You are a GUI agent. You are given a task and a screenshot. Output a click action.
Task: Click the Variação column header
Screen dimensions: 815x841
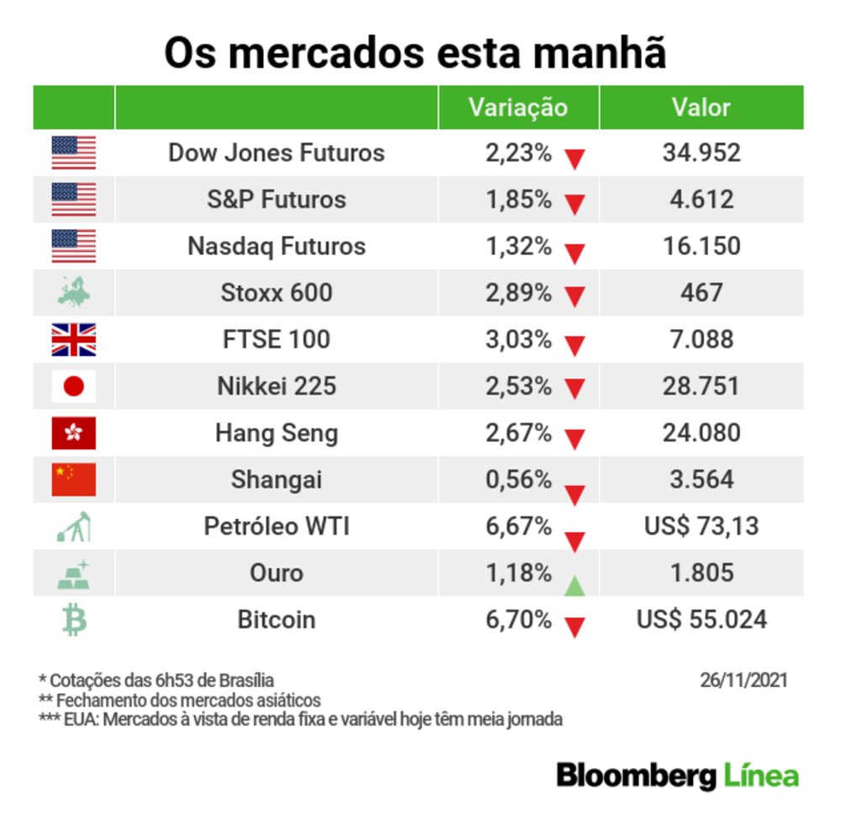tap(517, 108)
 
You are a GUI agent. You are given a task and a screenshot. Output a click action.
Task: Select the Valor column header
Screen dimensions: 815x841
tap(701, 108)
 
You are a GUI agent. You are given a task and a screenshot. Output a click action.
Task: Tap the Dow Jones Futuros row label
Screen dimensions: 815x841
tap(276, 152)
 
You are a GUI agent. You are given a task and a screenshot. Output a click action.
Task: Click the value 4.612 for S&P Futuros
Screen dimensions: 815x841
tap(701, 200)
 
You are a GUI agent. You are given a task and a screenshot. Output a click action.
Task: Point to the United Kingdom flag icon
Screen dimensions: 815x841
tap(74, 339)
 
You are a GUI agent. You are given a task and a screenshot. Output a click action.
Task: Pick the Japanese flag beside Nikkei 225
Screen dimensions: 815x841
tap(74, 386)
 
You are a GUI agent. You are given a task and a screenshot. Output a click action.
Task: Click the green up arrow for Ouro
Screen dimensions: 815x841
tap(574, 585)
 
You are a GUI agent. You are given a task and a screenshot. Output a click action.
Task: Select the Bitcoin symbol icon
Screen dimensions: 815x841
tap(74, 621)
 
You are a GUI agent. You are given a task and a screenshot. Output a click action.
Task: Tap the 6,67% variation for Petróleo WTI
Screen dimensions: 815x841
tap(518, 526)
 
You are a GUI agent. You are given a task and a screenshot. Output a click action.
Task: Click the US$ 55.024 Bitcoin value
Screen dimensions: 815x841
tap(701, 621)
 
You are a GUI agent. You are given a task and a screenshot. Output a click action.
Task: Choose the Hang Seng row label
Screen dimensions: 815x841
tap(276, 433)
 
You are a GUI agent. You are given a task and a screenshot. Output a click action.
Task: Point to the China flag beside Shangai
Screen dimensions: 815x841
tap(74, 480)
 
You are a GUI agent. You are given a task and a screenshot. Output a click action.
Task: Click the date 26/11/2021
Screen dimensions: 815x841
tap(743, 679)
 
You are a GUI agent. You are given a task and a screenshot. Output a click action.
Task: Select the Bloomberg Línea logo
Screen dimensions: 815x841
tap(677, 775)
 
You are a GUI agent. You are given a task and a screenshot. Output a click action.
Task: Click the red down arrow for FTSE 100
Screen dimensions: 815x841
tap(574, 344)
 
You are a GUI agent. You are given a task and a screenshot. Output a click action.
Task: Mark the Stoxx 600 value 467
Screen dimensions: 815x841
tap(701, 293)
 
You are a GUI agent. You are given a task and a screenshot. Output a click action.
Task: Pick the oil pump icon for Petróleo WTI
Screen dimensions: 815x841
tap(74, 527)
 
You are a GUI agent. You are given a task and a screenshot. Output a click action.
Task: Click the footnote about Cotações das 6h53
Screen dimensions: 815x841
tap(156, 679)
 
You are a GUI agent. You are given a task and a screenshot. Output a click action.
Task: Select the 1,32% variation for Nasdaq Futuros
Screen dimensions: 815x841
tap(518, 246)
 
